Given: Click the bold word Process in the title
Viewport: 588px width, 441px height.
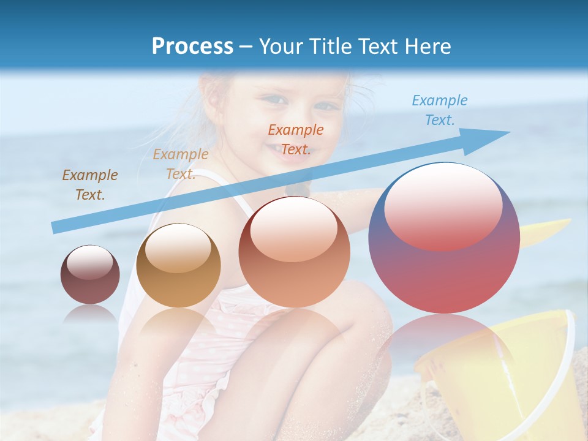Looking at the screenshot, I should (192, 46).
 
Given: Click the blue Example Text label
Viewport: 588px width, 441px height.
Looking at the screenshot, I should (439, 110).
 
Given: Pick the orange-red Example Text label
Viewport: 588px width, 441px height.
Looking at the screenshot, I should (295, 140).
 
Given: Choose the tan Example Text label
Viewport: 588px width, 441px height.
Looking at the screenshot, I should (180, 164).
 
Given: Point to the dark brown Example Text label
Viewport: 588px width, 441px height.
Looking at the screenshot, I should (89, 185).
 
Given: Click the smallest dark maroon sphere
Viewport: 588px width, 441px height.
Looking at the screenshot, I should (90, 274).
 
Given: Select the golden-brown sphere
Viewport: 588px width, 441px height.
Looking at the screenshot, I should (178, 265).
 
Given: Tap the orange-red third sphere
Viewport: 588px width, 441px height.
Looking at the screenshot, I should (294, 252).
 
